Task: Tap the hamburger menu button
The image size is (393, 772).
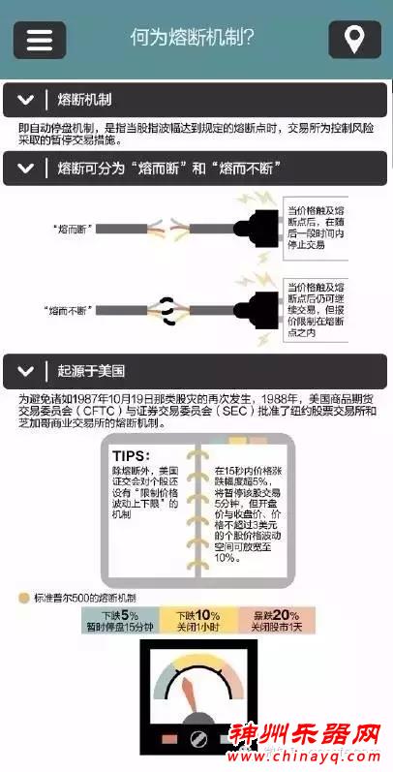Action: coord(39,40)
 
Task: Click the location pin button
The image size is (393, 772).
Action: coord(354,40)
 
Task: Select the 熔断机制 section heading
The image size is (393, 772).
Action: coord(84,99)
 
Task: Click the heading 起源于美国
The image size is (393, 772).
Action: coord(91,371)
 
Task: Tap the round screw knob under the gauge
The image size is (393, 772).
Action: coord(200,740)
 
